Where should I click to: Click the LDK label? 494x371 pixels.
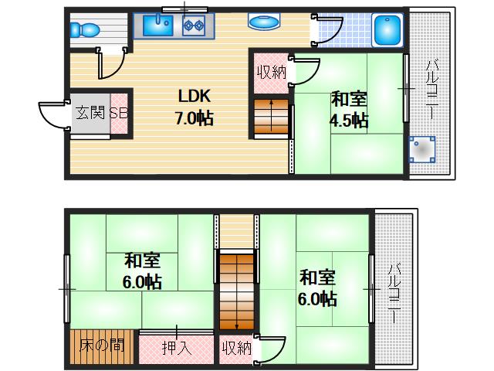point(195,97)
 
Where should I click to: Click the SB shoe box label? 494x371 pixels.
point(119,113)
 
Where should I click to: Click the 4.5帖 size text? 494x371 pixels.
point(349,121)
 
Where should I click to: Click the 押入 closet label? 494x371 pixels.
point(176,347)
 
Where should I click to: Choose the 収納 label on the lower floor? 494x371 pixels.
point(238,347)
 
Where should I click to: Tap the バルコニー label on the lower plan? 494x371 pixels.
point(394,292)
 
